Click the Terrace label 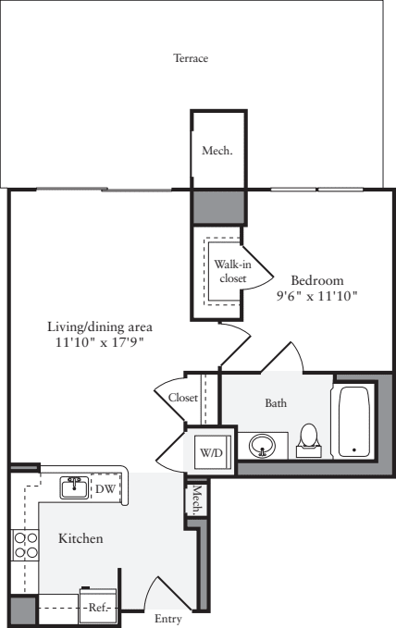tap(192, 58)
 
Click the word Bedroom tap(316, 280)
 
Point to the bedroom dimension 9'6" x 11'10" tap(316, 296)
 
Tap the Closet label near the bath tap(183, 398)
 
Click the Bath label tap(276, 402)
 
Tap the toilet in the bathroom tap(310, 440)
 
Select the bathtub tap(353, 421)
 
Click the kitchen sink tap(75, 486)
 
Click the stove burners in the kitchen tap(25, 545)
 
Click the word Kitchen tap(80, 538)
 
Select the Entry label tap(167, 620)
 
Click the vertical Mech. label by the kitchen tap(196, 499)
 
